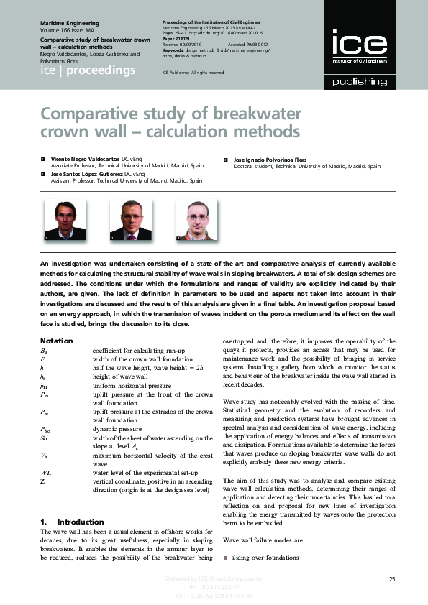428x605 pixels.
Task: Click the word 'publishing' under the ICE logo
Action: click(x=358, y=82)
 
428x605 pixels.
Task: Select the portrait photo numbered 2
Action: click(x=129, y=218)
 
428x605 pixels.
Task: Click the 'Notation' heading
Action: click(x=56, y=340)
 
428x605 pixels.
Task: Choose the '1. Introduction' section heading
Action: click(x=72, y=522)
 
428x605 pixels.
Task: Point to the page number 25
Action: click(x=392, y=579)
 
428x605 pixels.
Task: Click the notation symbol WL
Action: click(x=46, y=471)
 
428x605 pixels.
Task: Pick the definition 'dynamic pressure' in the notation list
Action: click(x=117, y=428)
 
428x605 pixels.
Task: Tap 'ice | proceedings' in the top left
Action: click(x=87, y=70)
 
